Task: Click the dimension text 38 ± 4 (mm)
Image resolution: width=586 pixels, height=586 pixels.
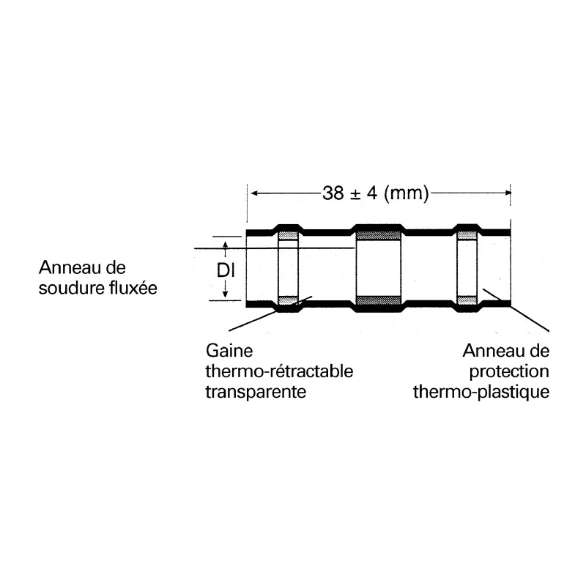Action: tap(375, 193)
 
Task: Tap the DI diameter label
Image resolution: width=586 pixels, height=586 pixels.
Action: tap(226, 270)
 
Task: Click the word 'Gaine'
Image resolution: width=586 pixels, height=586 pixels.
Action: tap(229, 351)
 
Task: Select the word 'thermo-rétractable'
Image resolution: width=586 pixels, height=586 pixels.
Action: tap(279, 371)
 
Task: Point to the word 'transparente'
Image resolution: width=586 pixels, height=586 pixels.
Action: tap(256, 393)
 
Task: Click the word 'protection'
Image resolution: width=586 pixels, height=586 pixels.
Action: tap(509, 372)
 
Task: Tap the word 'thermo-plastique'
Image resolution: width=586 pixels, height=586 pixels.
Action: tap(481, 393)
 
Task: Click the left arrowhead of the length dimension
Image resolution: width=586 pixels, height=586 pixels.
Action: tap(253, 193)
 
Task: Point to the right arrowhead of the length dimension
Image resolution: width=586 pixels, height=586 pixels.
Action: tap(508, 193)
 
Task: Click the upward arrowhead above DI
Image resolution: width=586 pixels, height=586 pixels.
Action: tap(226, 245)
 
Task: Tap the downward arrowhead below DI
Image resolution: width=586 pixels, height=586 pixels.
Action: tap(226, 294)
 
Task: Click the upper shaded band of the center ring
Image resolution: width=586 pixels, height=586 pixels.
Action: tap(378, 235)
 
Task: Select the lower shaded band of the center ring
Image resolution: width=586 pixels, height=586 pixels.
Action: tap(378, 300)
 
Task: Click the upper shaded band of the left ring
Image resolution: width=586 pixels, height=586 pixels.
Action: tap(289, 236)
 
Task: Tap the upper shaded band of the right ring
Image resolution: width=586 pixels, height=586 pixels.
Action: tap(467, 235)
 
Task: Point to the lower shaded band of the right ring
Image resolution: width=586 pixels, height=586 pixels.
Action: tap(467, 300)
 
